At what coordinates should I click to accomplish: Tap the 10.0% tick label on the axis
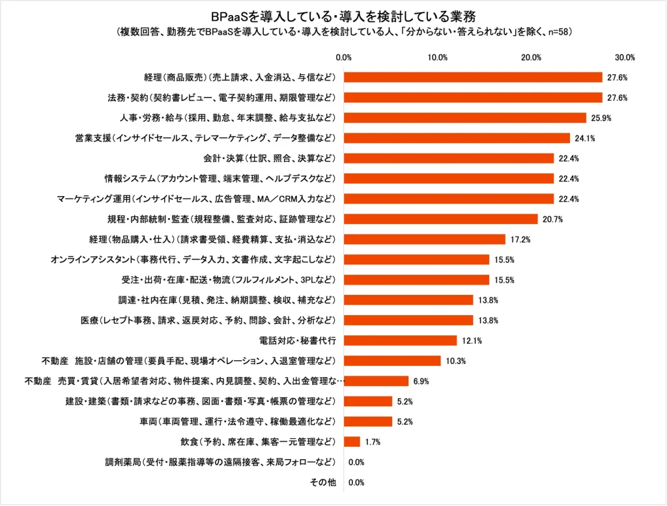pos(437,57)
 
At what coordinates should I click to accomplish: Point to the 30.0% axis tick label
pos(625,57)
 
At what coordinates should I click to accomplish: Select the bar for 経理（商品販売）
pos(473,77)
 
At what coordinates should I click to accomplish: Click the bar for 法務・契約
pos(473,98)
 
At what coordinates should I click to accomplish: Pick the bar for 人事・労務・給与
pos(465,118)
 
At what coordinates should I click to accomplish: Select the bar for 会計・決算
pos(449,158)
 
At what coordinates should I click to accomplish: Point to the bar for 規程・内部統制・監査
pos(441,219)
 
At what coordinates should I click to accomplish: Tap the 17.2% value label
pos(521,239)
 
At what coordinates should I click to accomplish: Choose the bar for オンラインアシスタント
pos(416,259)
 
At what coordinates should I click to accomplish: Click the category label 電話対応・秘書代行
pos(298,340)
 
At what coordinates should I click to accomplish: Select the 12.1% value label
pos(472,340)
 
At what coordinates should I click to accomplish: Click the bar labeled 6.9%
pos(376,380)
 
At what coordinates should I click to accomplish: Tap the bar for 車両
pos(368,421)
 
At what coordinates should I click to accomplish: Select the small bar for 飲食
pos(352,441)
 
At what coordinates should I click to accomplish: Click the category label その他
pos(323,483)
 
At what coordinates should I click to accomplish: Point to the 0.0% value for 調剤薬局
pos(356,462)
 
